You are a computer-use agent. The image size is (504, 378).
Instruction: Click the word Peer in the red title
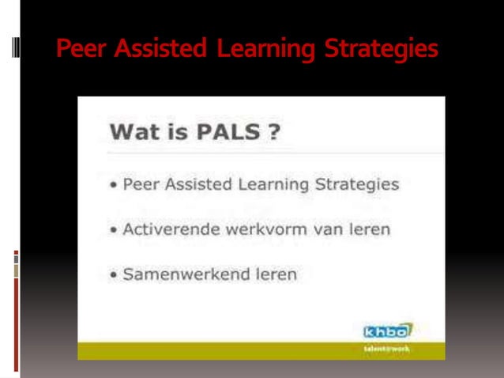81,49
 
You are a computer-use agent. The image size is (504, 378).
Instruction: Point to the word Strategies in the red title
380,50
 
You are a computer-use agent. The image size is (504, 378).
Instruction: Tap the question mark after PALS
273,132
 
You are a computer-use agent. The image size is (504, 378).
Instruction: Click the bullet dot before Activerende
115,231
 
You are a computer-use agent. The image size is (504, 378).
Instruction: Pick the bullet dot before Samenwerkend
115,276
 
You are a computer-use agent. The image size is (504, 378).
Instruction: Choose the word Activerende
167,230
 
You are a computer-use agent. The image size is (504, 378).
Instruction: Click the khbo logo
386,331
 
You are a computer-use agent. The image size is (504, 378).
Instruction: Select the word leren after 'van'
369,230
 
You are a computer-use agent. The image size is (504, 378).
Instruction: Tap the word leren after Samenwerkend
271,275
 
